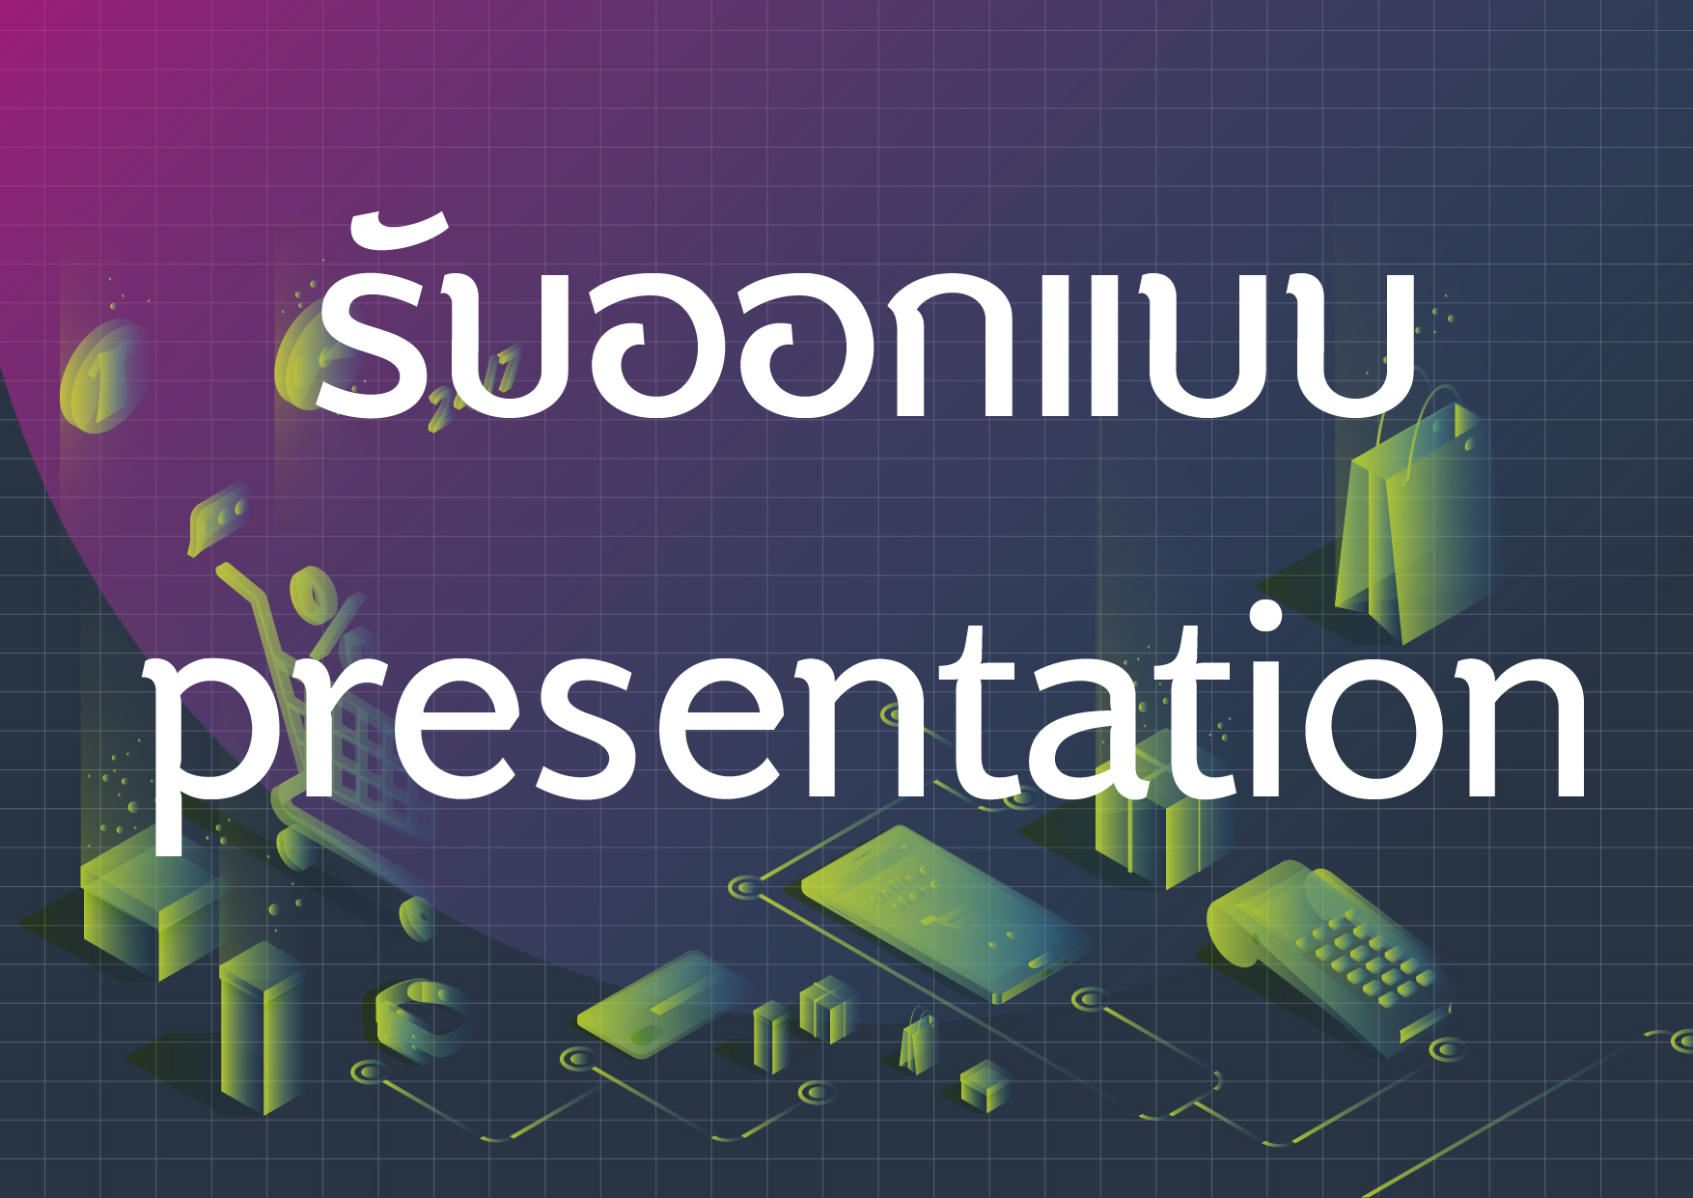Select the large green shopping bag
(1414, 521)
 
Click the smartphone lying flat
(946, 912)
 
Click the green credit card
(666, 1004)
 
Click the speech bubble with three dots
(217, 521)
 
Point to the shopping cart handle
(246, 594)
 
